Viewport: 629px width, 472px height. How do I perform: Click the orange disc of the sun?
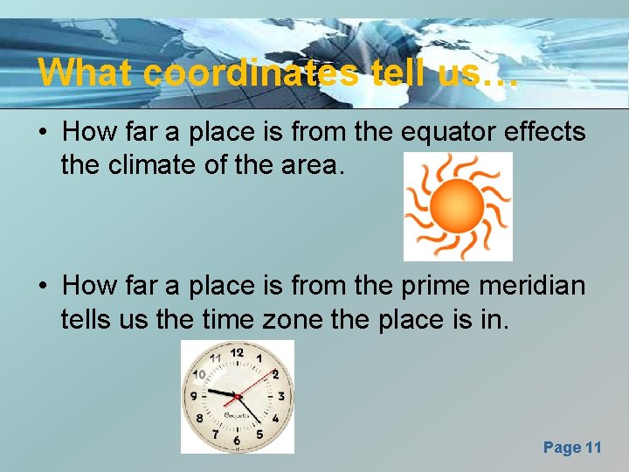point(457,206)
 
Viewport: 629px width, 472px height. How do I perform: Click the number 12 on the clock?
point(237,352)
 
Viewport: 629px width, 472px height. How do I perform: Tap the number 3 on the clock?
point(281,397)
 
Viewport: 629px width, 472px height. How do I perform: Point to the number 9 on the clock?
point(192,397)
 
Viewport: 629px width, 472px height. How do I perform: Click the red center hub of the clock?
point(237,397)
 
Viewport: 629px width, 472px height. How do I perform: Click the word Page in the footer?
point(562,448)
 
